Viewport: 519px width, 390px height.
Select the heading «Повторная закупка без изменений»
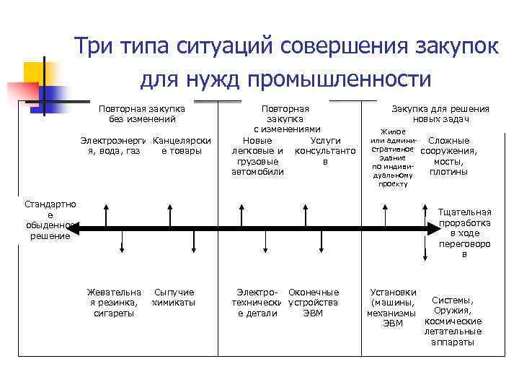(142, 114)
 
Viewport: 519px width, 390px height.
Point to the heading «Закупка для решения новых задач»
(440, 114)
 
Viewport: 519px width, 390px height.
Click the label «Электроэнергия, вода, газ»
(113, 145)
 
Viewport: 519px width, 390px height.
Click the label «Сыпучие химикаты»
(174, 298)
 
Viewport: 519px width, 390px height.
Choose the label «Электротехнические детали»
(257, 303)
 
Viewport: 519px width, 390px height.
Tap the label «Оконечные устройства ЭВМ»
(313, 303)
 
